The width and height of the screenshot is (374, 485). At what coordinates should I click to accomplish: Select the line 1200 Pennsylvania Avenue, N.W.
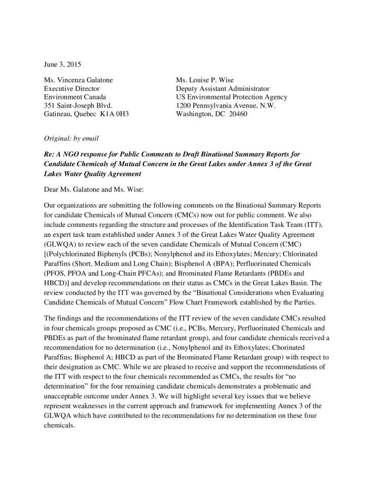pos(226,106)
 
